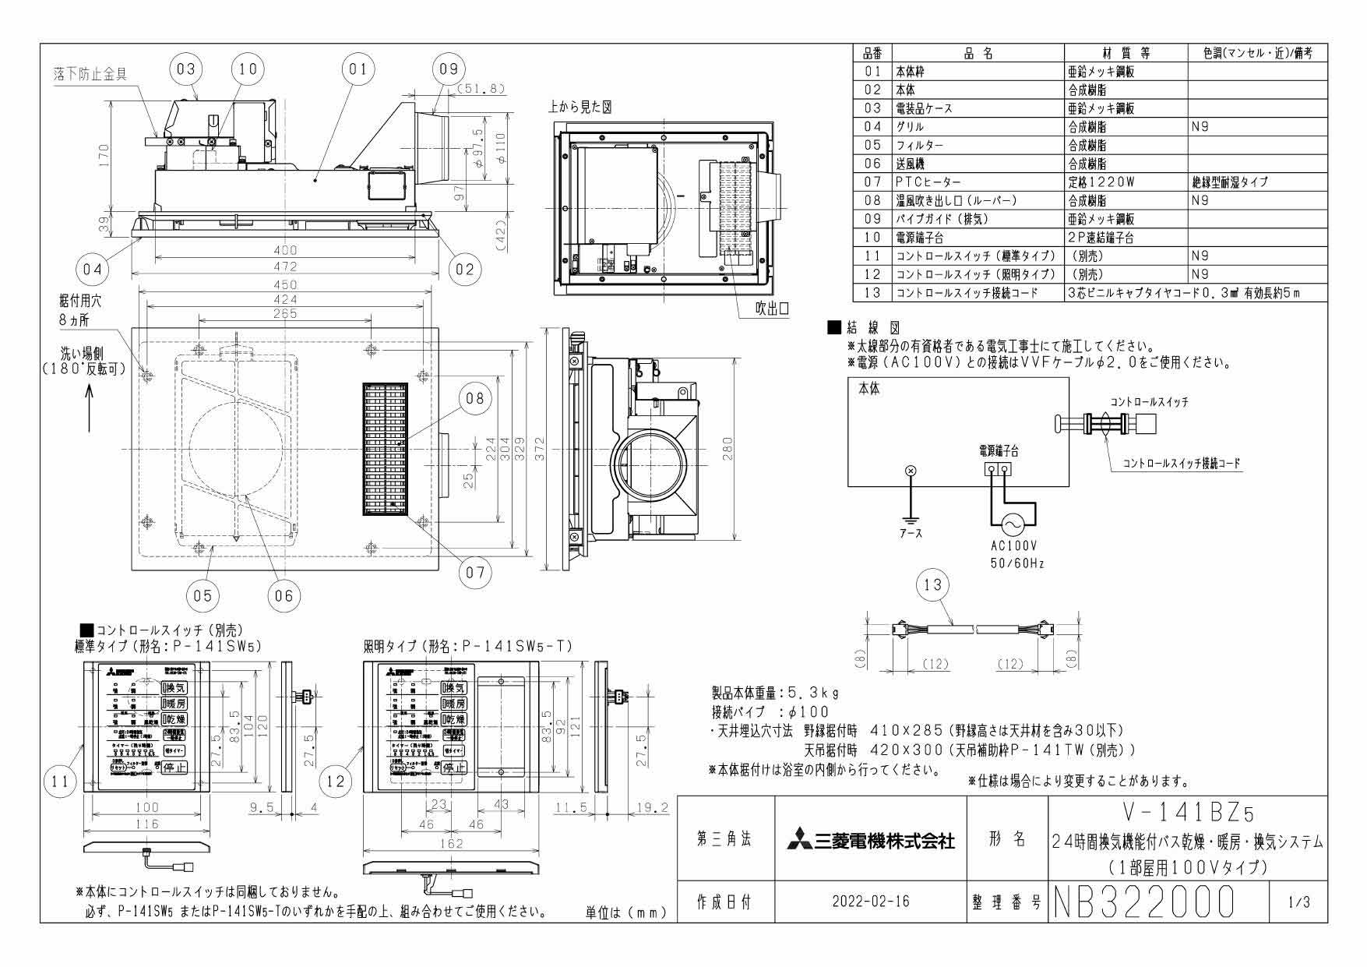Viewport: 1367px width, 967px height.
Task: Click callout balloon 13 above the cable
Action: pos(933,584)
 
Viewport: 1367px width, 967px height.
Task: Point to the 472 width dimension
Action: pos(287,266)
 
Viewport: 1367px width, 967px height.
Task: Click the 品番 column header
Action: pos(872,53)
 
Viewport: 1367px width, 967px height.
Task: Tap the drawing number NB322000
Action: pos(1144,902)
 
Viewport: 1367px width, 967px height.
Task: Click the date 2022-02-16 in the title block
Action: pos(870,902)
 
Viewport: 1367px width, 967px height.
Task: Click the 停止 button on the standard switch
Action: pos(174,768)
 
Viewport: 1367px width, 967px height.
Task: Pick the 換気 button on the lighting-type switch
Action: pos(453,687)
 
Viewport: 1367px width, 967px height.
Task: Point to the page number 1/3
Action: pos(1300,902)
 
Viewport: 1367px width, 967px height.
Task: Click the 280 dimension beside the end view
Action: pos(727,450)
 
